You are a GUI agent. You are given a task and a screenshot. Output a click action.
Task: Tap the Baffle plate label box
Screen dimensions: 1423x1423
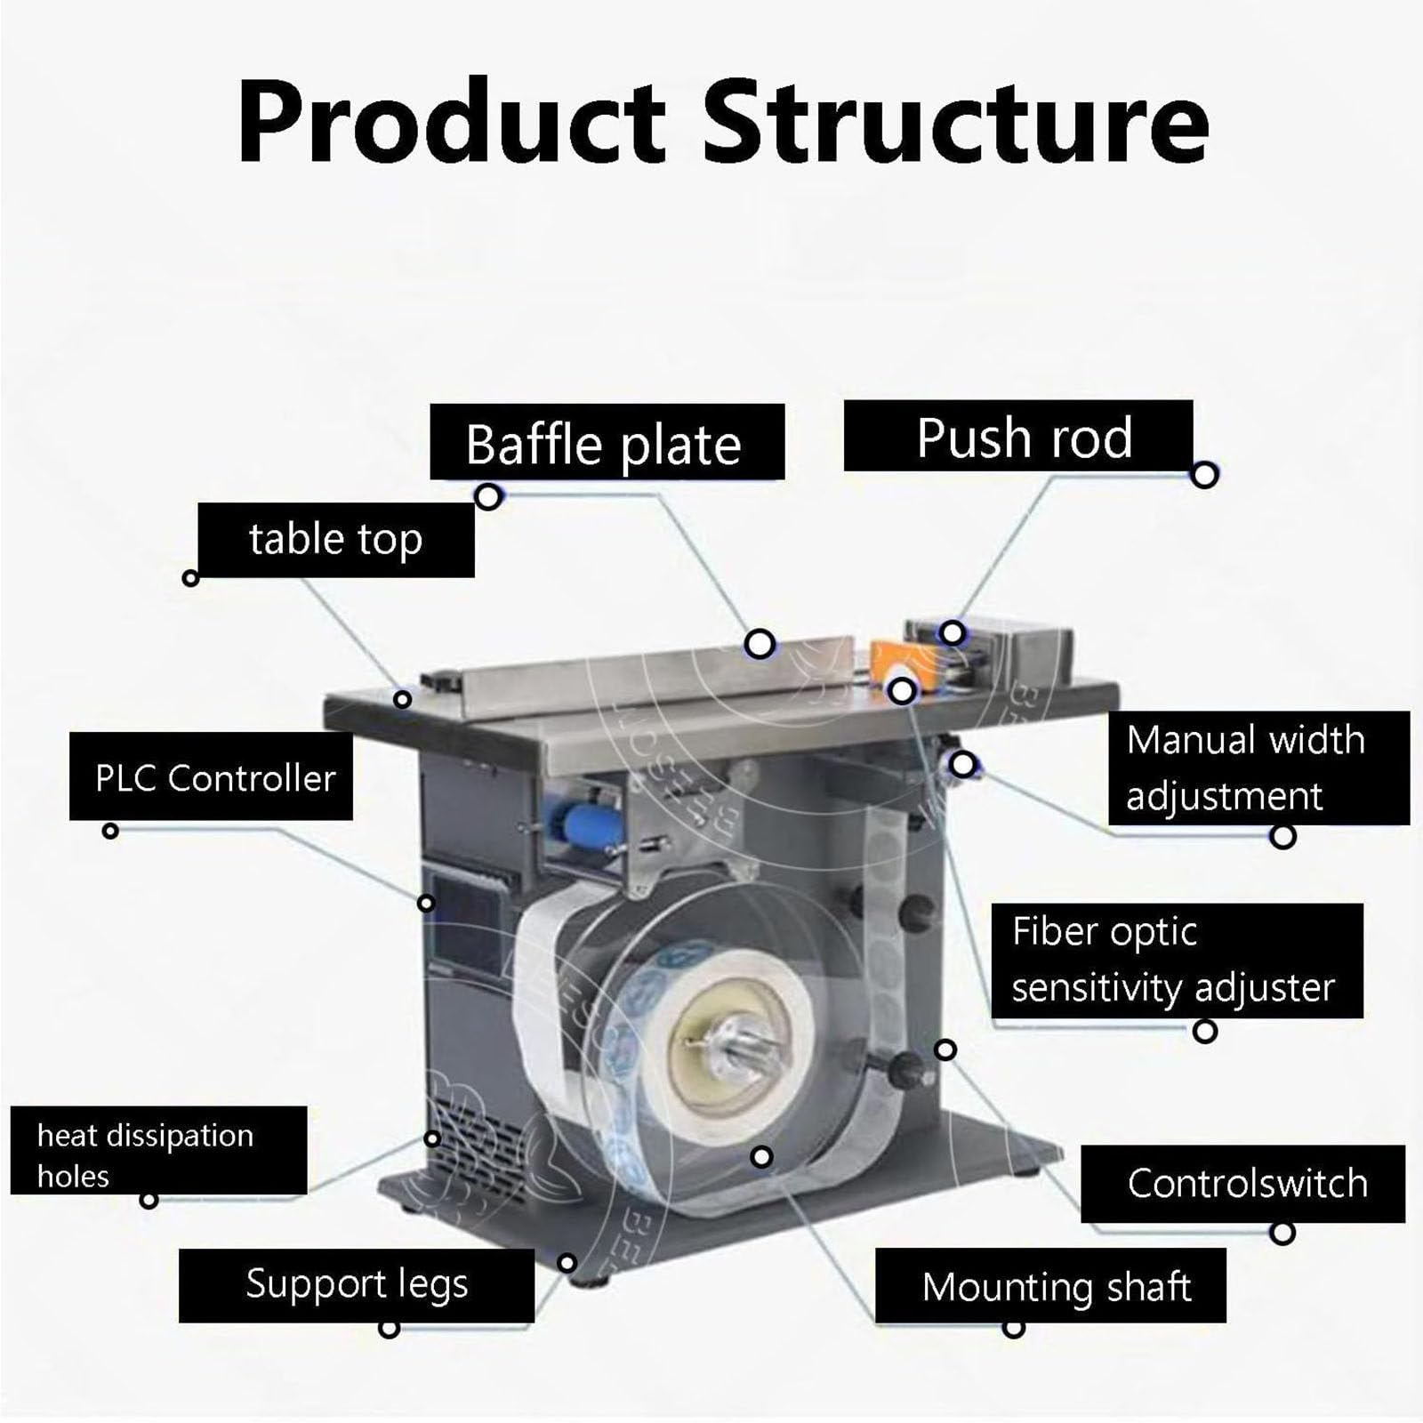607,442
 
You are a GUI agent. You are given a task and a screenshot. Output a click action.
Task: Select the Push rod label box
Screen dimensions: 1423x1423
1018,436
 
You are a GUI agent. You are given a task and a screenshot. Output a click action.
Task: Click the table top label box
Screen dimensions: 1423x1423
335,539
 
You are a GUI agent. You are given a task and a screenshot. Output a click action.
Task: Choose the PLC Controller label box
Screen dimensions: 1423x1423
211,776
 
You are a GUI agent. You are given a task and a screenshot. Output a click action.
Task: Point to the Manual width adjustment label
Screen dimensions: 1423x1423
1258,768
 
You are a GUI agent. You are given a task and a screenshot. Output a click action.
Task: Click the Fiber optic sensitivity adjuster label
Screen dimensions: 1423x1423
1176,960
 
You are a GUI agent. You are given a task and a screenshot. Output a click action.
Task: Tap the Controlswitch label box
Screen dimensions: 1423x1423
1242,1183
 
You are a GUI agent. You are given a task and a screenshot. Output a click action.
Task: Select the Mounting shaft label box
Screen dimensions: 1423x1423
1050,1285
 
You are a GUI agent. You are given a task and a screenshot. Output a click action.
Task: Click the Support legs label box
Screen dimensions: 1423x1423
356,1284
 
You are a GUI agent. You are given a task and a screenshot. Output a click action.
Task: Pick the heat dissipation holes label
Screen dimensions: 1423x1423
158,1150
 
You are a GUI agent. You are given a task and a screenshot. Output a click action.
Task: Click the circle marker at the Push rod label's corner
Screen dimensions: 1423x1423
1204,475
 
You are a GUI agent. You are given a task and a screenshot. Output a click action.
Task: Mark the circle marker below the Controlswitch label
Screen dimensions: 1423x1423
1282,1233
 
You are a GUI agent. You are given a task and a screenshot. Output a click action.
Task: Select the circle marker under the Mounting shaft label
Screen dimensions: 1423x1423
1013,1330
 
